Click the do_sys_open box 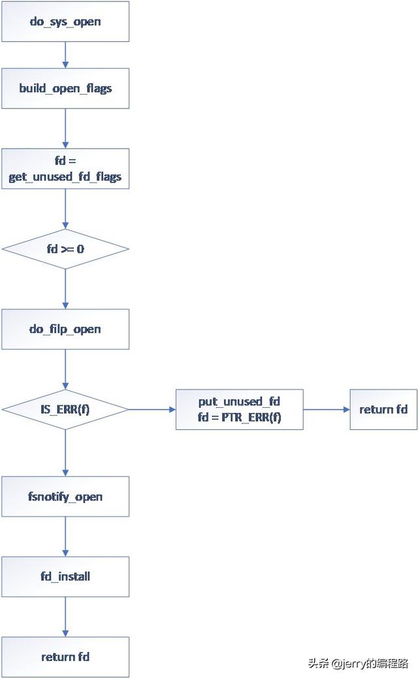click(x=65, y=22)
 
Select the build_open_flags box click(x=65, y=88)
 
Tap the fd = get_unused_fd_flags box click(x=65, y=168)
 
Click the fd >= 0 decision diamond click(x=65, y=249)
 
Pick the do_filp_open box click(x=65, y=329)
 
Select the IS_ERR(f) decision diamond click(x=65, y=409)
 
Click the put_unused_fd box click(x=240, y=409)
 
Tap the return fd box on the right click(x=383, y=409)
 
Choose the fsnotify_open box click(x=65, y=497)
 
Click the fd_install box click(x=65, y=577)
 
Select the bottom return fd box click(x=65, y=657)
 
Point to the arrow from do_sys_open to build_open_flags click(x=65, y=55)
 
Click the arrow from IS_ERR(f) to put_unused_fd click(x=152, y=409)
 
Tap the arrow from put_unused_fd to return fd click(x=327, y=409)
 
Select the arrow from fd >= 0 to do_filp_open click(x=65, y=288)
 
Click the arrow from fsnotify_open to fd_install click(x=65, y=536)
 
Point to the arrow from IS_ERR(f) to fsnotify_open click(x=65, y=453)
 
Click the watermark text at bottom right click(x=358, y=664)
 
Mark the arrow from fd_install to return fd click(x=65, y=617)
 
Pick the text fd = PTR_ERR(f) click(x=240, y=417)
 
